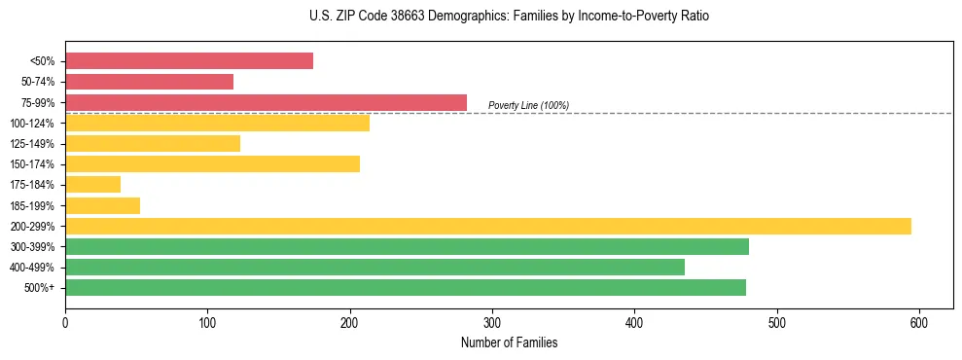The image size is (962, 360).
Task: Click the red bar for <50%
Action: point(189,61)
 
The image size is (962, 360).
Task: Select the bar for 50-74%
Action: point(149,82)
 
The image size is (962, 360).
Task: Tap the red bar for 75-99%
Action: point(266,102)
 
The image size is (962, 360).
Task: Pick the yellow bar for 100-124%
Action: point(217,123)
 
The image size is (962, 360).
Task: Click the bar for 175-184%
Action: point(92,184)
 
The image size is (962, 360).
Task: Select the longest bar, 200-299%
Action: point(487,226)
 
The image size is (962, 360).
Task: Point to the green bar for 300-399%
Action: point(407,246)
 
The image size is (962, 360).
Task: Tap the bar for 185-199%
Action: point(102,205)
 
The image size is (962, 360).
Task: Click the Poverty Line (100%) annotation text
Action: point(528,105)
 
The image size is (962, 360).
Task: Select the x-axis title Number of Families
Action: point(509,342)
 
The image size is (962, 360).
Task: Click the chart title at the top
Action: point(509,17)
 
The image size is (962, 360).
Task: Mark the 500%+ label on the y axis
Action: point(39,288)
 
